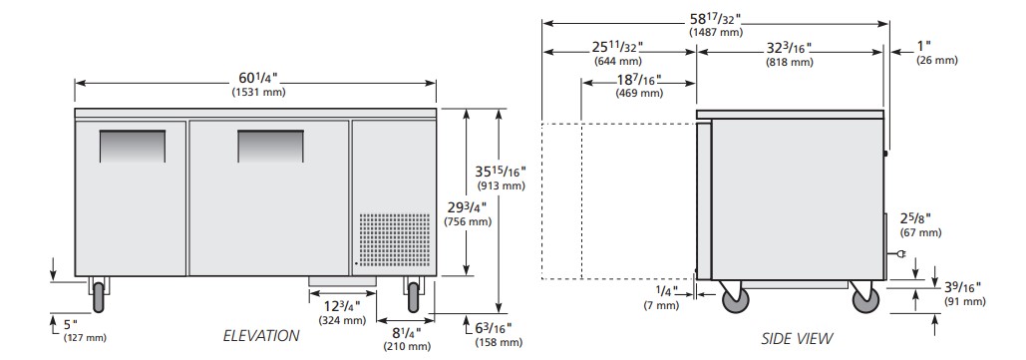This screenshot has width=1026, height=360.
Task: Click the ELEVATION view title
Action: [x=261, y=336]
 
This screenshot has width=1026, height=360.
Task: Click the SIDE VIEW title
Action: [x=797, y=338]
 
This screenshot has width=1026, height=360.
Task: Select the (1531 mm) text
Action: [x=258, y=93]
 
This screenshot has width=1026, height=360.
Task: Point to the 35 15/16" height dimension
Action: [x=501, y=172]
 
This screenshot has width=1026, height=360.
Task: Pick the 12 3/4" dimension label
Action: [x=342, y=306]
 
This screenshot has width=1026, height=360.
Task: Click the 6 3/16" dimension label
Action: [x=493, y=328]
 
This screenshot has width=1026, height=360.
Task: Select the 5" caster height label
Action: [x=71, y=324]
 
